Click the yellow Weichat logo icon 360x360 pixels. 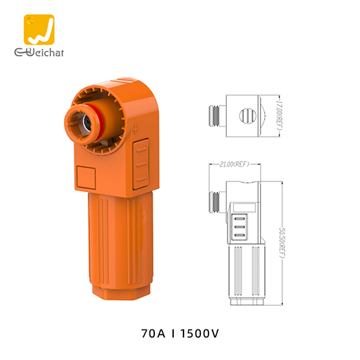(x=39, y=30)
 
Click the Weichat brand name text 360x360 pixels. (x=39, y=52)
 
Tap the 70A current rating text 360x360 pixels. (x=153, y=334)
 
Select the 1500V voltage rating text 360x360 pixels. (x=200, y=334)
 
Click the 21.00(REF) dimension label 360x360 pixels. (x=234, y=164)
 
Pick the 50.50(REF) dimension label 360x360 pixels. (x=282, y=242)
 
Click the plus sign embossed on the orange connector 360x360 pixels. (x=135, y=130)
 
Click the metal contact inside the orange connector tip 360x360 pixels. (x=87, y=123)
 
